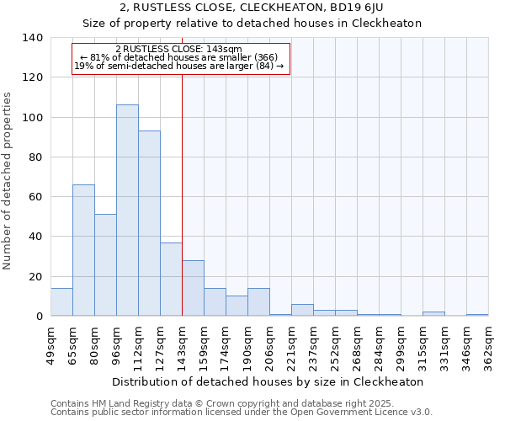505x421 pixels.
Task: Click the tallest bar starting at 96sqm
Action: click(x=127, y=210)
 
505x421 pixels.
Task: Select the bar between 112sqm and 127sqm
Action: click(x=149, y=223)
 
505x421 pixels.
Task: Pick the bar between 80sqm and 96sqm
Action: click(x=105, y=265)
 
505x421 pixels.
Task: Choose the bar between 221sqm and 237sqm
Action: click(x=302, y=310)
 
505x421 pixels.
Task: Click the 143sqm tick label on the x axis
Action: click(x=183, y=344)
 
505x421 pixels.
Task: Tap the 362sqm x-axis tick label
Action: click(x=489, y=344)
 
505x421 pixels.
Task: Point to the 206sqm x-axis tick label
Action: click(x=270, y=344)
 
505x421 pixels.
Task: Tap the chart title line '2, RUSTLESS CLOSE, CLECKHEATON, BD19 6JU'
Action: click(x=252, y=8)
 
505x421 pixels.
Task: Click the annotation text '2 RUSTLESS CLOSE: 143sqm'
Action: click(x=178, y=49)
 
